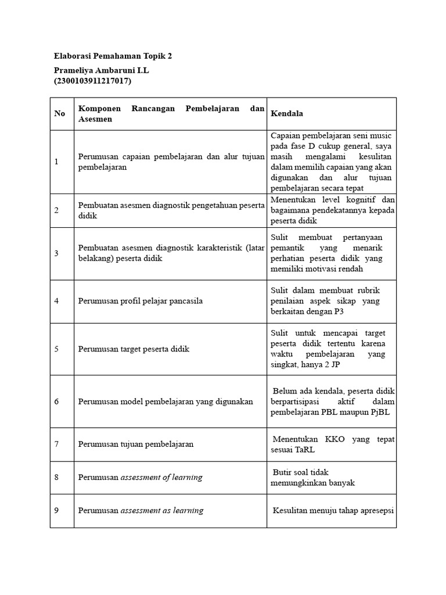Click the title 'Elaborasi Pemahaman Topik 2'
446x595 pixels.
coord(113,56)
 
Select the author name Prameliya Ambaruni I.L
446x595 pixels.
coord(106,70)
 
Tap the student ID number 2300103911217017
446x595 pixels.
coord(93,81)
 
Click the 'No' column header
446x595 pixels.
coord(60,113)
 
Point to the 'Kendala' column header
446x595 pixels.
coord(287,113)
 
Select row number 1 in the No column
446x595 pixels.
coord(57,162)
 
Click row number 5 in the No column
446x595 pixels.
coord(57,349)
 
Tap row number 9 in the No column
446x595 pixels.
coord(57,511)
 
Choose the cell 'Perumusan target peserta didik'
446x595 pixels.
coord(134,349)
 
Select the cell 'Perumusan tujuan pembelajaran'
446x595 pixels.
coord(136,444)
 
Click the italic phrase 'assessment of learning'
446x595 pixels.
coord(161,477)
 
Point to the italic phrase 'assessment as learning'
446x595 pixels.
coord(162,511)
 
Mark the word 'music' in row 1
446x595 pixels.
coord(381,135)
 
